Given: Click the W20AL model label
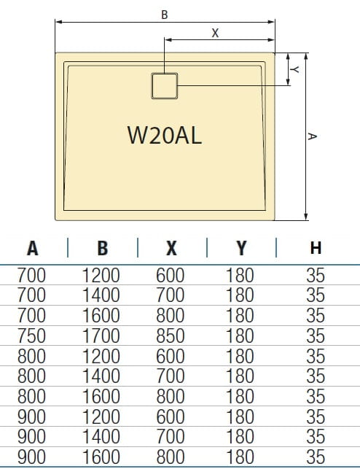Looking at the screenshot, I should pos(164,136).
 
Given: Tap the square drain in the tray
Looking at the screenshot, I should pos(165,86).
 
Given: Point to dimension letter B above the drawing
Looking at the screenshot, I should pos(165,14).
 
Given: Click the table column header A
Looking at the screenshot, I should pos(33,248).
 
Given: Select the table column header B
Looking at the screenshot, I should pos(103,248).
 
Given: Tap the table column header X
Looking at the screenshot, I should pos(171,248).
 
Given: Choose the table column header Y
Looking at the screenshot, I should pos(240,248).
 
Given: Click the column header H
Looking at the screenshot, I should pos(316,248).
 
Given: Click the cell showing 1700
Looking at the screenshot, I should pos(103,337).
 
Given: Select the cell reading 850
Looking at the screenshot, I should pos(171,337).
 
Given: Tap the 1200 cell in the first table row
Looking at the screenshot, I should pos(103,276).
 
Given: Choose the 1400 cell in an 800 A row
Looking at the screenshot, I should pos(103,377).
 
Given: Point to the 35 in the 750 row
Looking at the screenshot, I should pos(316,337).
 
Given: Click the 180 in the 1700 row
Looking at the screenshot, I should pos(240,337).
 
